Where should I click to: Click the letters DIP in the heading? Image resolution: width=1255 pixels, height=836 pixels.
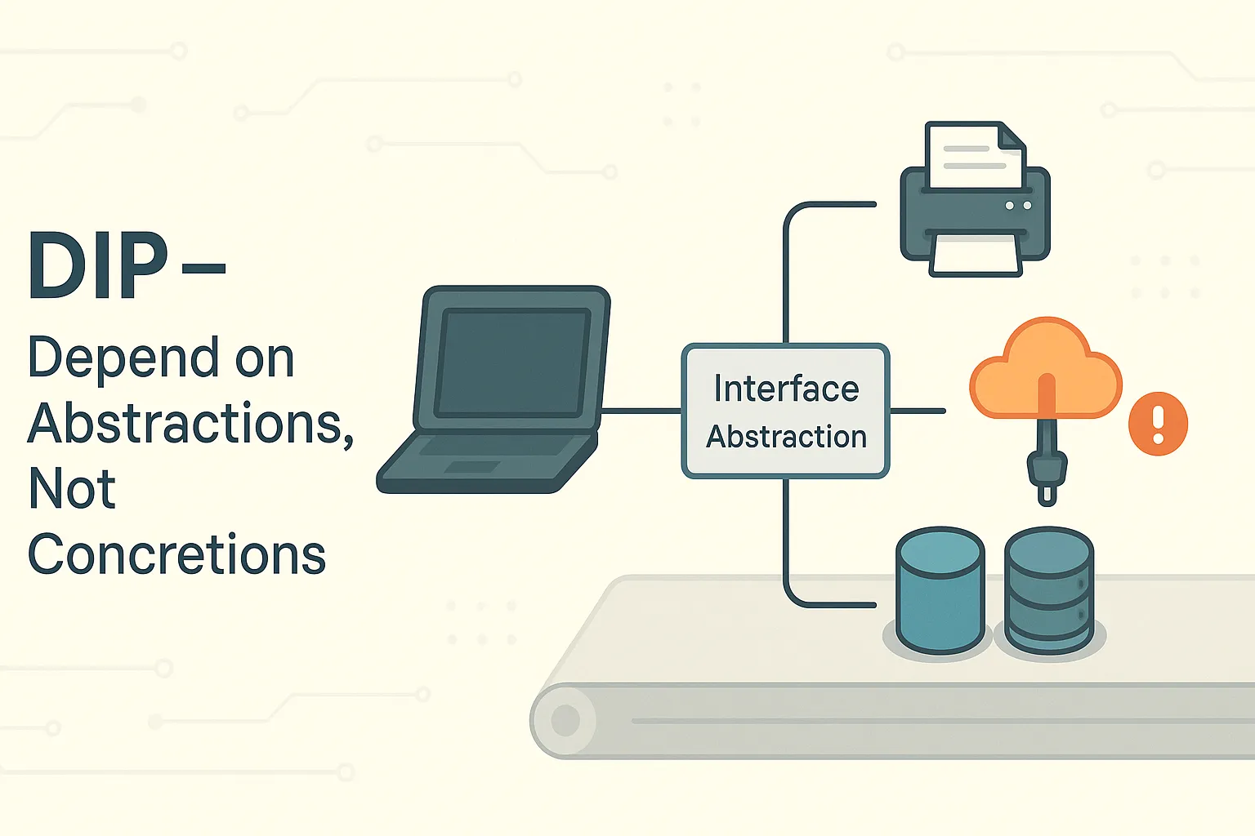tap(97, 266)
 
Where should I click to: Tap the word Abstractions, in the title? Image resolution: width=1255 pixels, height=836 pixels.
tap(190, 424)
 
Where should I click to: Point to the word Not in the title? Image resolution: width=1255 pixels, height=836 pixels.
tap(72, 488)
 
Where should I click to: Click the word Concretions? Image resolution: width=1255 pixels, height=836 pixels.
tap(176, 555)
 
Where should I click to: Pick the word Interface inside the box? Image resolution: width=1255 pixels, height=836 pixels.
tap(786, 389)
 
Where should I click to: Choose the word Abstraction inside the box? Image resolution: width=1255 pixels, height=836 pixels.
tap(786, 437)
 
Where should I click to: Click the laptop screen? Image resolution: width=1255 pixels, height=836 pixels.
tap(512, 362)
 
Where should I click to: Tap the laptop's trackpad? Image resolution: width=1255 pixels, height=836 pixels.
tap(471, 467)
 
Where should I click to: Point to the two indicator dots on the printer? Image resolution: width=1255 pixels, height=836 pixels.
tap(1018, 206)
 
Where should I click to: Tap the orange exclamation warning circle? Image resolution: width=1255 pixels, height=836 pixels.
tap(1158, 424)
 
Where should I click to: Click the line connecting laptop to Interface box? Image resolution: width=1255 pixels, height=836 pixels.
tap(641, 411)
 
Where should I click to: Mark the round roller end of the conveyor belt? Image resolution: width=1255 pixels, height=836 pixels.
tap(565, 721)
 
